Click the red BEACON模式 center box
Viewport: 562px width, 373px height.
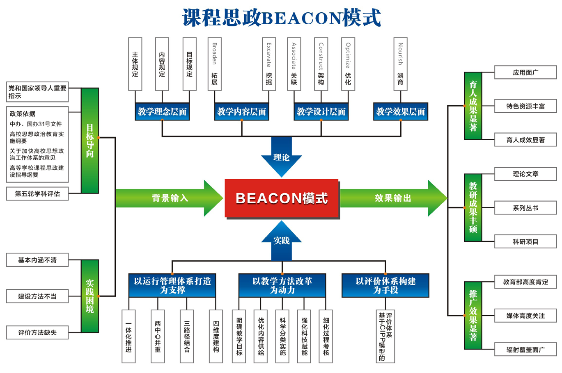coord(282,198)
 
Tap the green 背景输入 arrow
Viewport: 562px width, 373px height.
coord(169,198)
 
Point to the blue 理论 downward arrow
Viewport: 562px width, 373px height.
coord(282,156)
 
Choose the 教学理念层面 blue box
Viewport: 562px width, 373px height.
coord(162,112)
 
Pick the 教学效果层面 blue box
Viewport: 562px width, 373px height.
coord(400,112)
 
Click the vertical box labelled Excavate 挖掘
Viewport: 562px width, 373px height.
coord(268,64)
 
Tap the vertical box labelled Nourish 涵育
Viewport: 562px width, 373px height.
coord(400,64)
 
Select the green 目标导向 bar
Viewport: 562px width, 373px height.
coord(90,141)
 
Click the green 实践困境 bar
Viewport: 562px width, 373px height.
coord(90,296)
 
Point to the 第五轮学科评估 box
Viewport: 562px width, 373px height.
coord(37,194)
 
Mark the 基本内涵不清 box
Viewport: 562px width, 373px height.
coord(37,260)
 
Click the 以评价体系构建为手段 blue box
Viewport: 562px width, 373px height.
coord(385,285)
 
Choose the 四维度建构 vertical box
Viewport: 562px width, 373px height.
coord(216,337)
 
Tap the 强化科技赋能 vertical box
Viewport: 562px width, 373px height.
coord(304,337)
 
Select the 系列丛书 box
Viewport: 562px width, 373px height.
coord(525,208)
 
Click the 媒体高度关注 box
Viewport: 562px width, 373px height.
coord(525,316)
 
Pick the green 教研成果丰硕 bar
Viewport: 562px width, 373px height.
coord(473,207)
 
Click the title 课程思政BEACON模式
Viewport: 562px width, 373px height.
coord(282,18)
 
